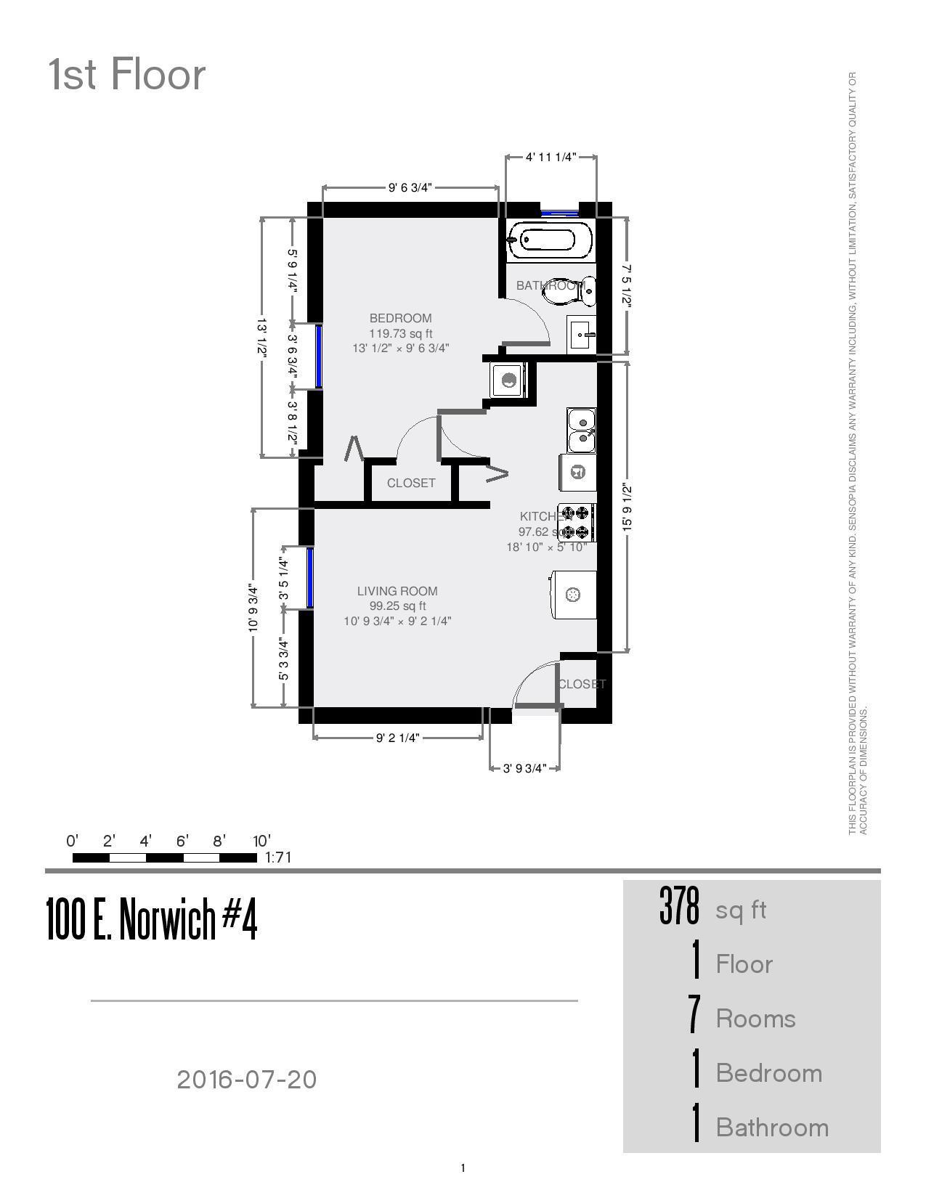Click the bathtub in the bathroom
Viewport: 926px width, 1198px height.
[x=551, y=240]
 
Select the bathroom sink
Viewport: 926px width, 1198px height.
[x=582, y=334]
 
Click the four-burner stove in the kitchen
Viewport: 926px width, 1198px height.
[x=577, y=523]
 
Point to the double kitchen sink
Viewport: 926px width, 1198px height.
[x=581, y=431]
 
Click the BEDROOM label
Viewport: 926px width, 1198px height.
[x=400, y=318]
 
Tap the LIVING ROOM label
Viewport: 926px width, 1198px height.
[x=397, y=591]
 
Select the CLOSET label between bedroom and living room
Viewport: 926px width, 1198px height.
[x=411, y=483]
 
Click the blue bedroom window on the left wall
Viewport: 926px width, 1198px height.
[x=318, y=356]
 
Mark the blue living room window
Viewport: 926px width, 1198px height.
[x=310, y=577]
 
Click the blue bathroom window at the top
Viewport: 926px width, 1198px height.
[x=559, y=213]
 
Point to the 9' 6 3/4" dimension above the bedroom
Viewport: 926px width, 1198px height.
[x=410, y=187]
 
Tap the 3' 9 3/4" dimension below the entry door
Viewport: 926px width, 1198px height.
[x=524, y=768]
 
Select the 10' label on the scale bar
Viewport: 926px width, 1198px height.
[x=261, y=841]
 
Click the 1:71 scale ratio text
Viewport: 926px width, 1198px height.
[x=278, y=857]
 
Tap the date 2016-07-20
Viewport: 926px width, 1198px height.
[x=247, y=1079]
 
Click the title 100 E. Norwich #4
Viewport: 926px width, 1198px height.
[x=152, y=919]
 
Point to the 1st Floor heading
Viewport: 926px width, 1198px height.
[x=127, y=75]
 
